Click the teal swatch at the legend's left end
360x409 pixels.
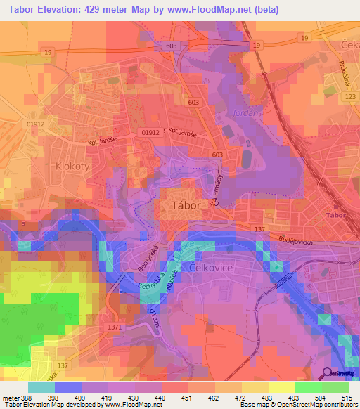[x=41, y=387]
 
